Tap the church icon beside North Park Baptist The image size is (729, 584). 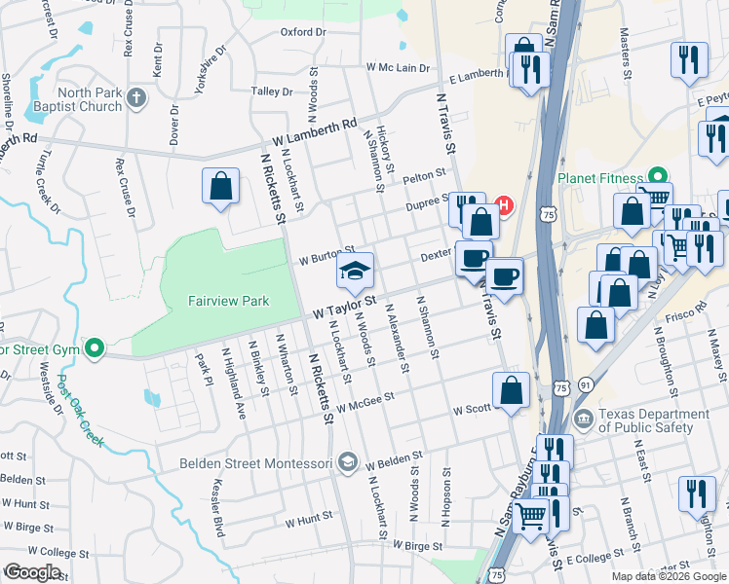coord(136,97)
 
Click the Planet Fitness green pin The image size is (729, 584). coord(658,177)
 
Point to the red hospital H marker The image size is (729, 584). coord(504,205)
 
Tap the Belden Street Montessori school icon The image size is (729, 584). coord(348,462)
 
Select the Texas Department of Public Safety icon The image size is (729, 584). coord(584,420)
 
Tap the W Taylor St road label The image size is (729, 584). coord(343,311)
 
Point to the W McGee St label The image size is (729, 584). coord(364,400)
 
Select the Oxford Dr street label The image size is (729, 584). coord(302,32)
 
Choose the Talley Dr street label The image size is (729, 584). coord(273,91)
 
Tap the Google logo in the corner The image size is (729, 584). coord(33,571)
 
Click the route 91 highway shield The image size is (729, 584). coord(585,385)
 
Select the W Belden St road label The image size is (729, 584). coord(394,456)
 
